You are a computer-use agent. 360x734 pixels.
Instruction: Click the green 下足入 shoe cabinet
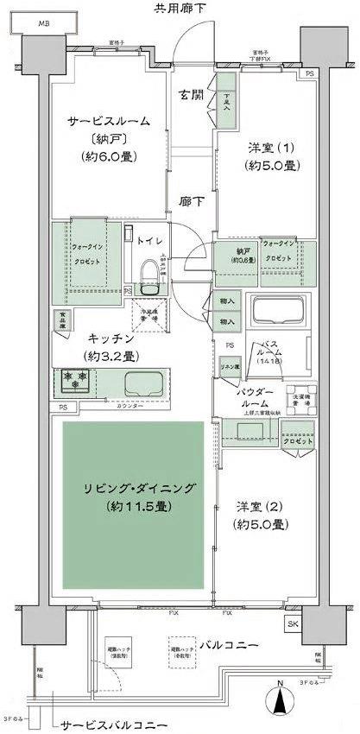[x=226, y=103]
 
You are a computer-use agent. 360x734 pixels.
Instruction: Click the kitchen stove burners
[x=75, y=377]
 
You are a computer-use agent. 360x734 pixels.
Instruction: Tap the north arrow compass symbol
[x=281, y=699]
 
